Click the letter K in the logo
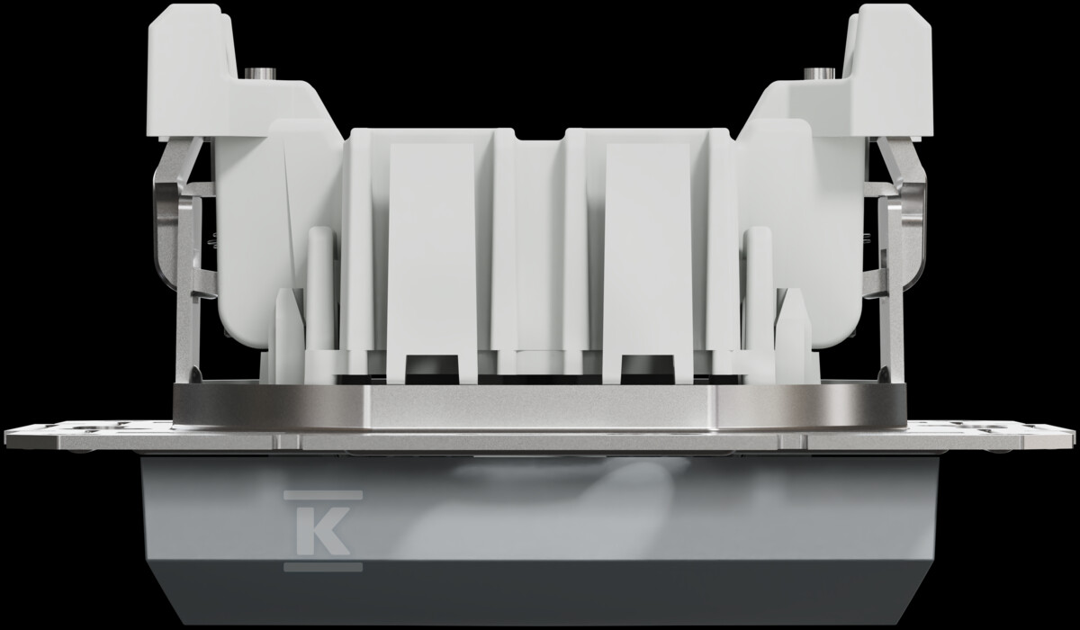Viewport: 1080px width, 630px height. [x=322, y=530]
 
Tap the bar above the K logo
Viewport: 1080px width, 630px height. [x=323, y=495]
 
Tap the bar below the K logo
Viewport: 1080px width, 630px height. [x=323, y=567]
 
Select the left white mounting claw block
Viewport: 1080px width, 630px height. [x=193, y=72]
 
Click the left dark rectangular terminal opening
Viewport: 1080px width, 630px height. [x=432, y=369]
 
